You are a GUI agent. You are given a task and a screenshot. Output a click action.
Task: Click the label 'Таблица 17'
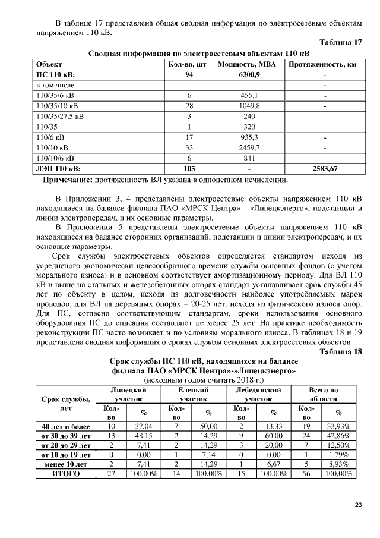(340, 43)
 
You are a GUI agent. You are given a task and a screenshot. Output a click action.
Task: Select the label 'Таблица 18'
(340, 352)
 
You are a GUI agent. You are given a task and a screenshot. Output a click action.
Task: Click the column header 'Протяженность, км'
(322, 64)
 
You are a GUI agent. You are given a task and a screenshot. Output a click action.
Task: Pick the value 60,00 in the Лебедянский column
(273, 436)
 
